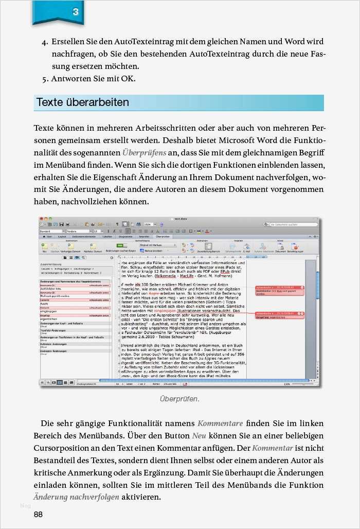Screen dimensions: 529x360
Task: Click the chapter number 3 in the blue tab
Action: (76, 11)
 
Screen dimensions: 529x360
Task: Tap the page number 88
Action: (39, 515)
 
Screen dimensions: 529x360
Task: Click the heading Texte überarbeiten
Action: (82, 102)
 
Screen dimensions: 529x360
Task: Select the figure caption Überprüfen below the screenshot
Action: (179, 399)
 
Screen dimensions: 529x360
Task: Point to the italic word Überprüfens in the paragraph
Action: (144, 153)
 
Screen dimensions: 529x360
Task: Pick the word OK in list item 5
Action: (127, 79)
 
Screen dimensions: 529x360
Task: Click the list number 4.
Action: (45, 42)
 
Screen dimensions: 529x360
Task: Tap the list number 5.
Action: (45, 79)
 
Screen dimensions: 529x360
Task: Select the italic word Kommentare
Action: (220, 424)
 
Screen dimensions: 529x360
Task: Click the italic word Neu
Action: (199, 435)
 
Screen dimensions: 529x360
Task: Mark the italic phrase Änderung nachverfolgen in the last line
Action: (76, 497)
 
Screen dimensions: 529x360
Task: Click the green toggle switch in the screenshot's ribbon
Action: (123, 245)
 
